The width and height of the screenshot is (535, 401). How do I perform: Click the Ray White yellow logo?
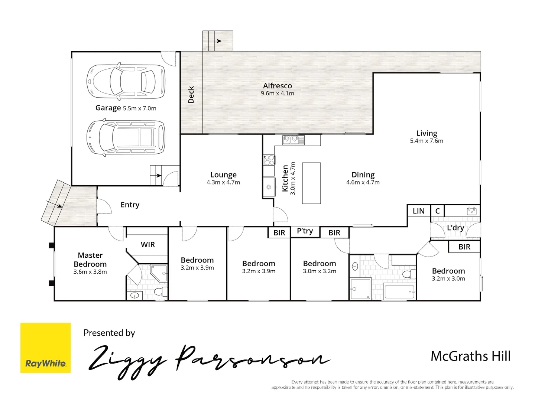(x=45, y=348)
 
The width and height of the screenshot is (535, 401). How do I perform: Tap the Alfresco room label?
(x=277, y=86)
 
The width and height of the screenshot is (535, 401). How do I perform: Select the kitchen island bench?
(x=311, y=183)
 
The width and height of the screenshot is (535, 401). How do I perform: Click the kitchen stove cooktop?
(x=269, y=160)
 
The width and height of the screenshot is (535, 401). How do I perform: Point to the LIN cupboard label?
(x=418, y=211)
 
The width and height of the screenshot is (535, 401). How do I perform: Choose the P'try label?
(x=305, y=231)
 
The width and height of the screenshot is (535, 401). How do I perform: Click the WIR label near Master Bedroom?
(x=147, y=245)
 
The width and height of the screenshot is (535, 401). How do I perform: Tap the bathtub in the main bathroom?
(x=399, y=291)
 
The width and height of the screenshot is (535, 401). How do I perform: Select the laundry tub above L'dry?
(x=471, y=211)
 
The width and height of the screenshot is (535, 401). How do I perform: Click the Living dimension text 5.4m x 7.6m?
(x=427, y=141)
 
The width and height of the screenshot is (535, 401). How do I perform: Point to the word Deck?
(x=191, y=95)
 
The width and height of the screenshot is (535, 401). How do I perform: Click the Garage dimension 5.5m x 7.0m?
(x=139, y=108)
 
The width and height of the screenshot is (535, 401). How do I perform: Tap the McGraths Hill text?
(x=470, y=356)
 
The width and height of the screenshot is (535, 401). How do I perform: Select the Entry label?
(x=130, y=205)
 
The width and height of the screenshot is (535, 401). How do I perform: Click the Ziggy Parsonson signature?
(x=208, y=360)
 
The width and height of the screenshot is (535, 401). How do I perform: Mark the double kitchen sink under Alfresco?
(x=293, y=140)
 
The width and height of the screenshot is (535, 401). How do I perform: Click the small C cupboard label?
(x=437, y=211)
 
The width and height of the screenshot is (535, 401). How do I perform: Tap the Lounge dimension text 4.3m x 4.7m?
(x=223, y=182)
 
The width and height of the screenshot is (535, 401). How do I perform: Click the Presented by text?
(x=109, y=333)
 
